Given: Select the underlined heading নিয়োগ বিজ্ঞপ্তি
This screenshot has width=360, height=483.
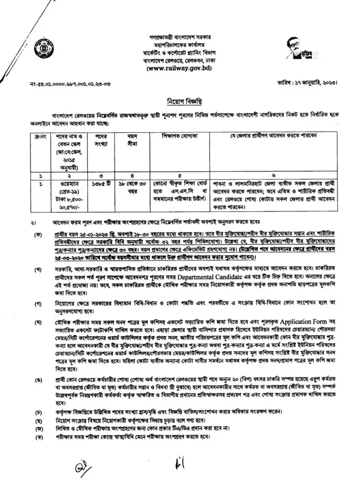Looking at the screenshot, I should click(180, 102).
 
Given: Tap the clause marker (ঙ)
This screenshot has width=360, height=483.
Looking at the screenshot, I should click(35, 379).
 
